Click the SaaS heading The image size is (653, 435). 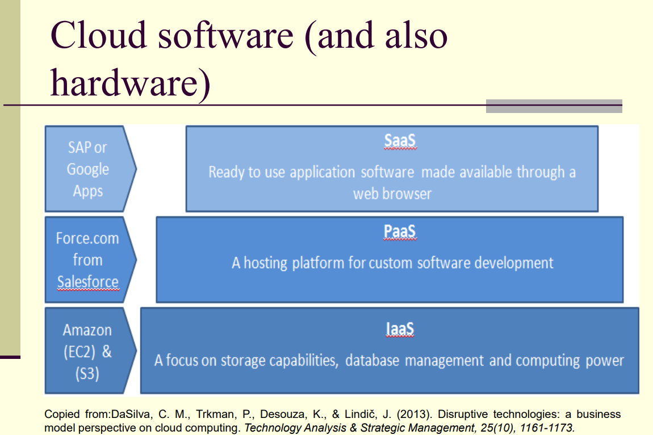(x=400, y=141)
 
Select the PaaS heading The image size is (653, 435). (x=400, y=232)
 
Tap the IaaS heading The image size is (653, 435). (x=400, y=329)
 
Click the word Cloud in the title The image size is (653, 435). (x=98, y=35)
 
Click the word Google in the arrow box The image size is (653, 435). (x=88, y=169)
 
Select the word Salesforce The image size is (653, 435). (x=88, y=282)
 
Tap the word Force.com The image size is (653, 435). (x=87, y=239)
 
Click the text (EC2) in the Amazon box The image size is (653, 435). (x=79, y=352)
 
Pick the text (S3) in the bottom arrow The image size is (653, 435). (x=87, y=374)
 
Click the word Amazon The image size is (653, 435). (x=87, y=331)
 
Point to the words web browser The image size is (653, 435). (x=392, y=194)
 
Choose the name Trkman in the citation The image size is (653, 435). (x=215, y=414)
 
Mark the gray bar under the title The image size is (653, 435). (x=554, y=106)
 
